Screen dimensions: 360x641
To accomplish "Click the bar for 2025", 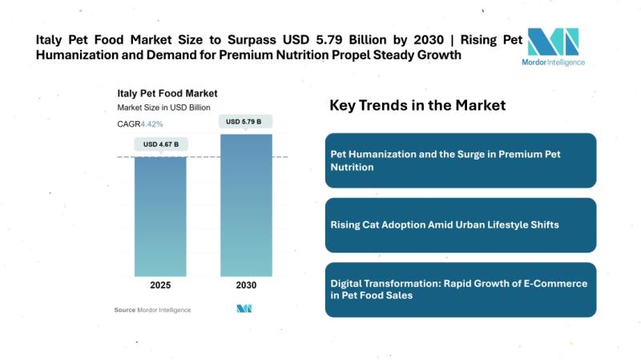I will pos(161,216).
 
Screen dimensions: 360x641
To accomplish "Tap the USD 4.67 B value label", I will pos(161,144).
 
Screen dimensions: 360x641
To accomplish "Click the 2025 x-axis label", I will pos(161,285).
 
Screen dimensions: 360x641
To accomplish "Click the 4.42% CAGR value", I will pos(152,124).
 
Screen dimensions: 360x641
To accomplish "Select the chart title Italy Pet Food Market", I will pos(167,94).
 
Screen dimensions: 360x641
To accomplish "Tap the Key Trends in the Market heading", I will pos(417,106).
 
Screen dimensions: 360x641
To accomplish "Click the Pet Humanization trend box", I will pos(461,160).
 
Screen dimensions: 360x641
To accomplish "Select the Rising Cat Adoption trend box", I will pos(461,224).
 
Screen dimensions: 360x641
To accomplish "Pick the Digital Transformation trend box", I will pos(461,289).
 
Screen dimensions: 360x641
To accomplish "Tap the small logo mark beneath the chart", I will pos(244,309).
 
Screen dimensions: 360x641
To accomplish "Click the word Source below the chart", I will pos(124,309).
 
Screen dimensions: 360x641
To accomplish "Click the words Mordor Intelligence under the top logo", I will pos(553,62).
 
